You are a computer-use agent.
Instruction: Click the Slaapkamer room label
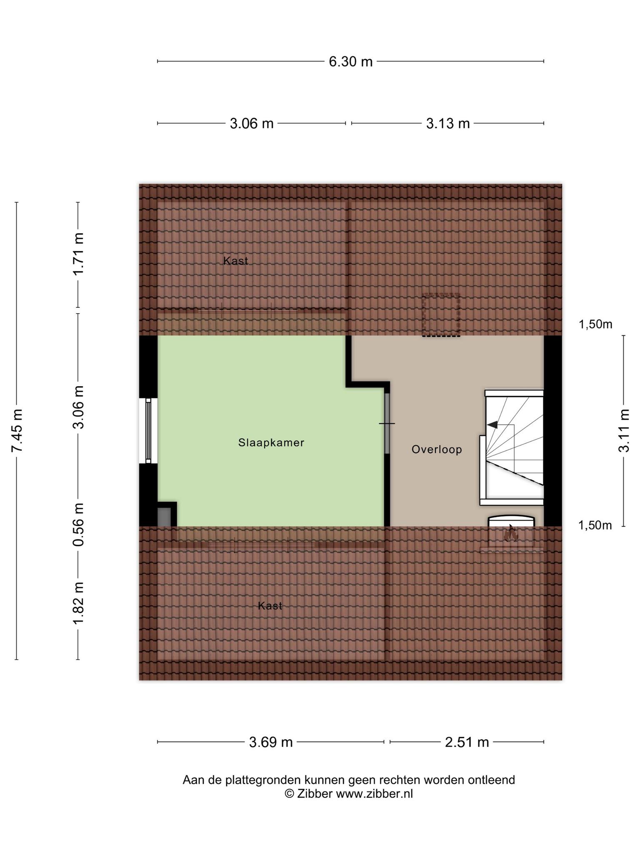pos(271,442)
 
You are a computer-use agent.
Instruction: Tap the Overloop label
pos(437,450)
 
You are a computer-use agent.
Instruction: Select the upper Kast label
pos(236,261)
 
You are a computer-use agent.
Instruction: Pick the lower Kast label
pos(270,605)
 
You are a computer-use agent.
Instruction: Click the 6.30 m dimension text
pos(350,62)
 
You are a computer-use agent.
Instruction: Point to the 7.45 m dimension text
pos(17,430)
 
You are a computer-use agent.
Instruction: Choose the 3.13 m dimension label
pos(448,123)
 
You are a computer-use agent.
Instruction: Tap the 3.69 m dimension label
pos(271,742)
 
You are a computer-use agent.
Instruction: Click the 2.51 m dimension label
pos(467,742)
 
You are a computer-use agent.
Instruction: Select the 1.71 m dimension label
pos(78,254)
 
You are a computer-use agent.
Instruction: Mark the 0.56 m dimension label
pos(78,525)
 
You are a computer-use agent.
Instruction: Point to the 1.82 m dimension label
pos(78,603)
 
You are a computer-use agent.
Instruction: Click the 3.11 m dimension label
pos(624,430)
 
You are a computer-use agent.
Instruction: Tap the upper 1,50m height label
pos(595,324)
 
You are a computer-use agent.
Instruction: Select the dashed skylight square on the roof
pos(441,315)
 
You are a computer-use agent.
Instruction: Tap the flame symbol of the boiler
pos(510,533)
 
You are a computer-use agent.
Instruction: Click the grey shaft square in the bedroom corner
pos(164,517)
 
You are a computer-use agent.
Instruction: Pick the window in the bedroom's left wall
pos(148,430)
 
